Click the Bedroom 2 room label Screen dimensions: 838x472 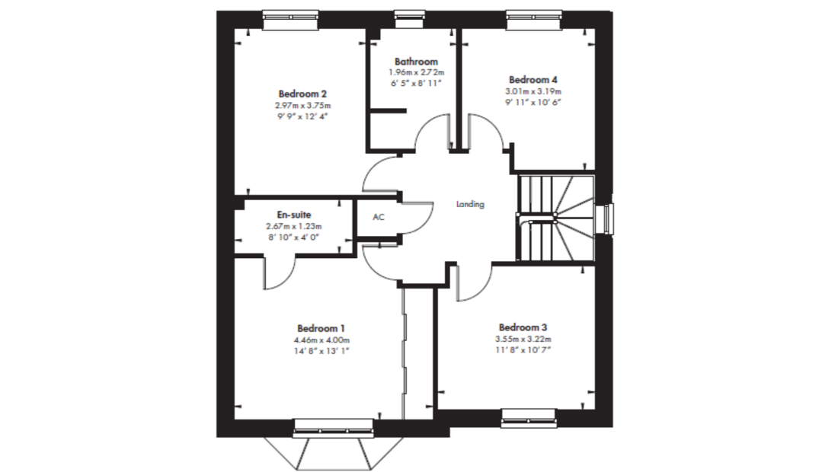pyautogui.click(x=302, y=94)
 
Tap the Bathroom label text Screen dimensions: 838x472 pyautogui.click(x=416, y=62)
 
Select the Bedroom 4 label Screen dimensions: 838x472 pyautogui.click(x=533, y=80)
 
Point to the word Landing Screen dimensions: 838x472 pyautogui.click(x=470, y=204)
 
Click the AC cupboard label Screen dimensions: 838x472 pyautogui.click(x=379, y=217)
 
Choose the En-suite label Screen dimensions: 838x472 pyautogui.click(x=294, y=215)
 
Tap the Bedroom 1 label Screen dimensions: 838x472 pyautogui.click(x=321, y=328)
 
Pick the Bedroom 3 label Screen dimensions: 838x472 pyautogui.click(x=523, y=327)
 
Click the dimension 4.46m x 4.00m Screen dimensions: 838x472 pyautogui.click(x=321, y=340)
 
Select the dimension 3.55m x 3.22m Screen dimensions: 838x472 pyautogui.click(x=523, y=339)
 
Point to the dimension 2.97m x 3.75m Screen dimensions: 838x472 pyautogui.click(x=303, y=106)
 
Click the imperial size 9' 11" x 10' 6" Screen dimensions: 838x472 pyautogui.click(x=533, y=102)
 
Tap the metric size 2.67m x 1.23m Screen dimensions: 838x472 pyautogui.click(x=294, y=226)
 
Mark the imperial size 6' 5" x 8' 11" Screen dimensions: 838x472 pyautogui.click(x=416, y=83)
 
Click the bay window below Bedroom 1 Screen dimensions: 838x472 pyautogui.click(x=333, y=445)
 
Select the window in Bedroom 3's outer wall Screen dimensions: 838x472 pyautogui.click(x=529, y=418)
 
